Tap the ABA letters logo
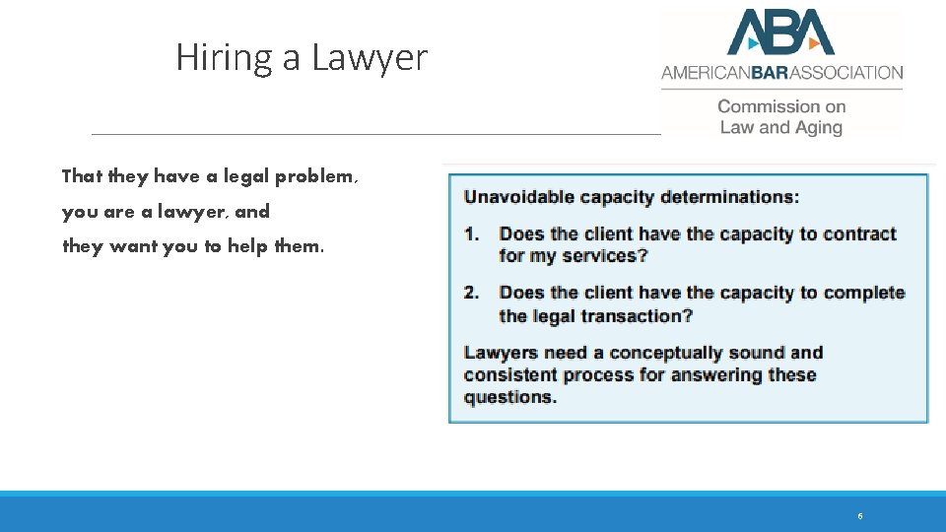pos(780,33)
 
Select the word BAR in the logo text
pos(775,72)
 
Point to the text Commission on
pos(781,106)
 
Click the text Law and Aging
pos(781,127)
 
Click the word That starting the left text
pos(82,176)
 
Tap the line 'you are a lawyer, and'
pos(166,212)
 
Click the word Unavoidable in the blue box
pos(519,197)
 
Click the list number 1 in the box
pos(472,234)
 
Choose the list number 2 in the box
pos(472,293)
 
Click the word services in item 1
pos(602,256)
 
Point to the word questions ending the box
pos(508,398)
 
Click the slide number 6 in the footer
pos(860,516)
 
